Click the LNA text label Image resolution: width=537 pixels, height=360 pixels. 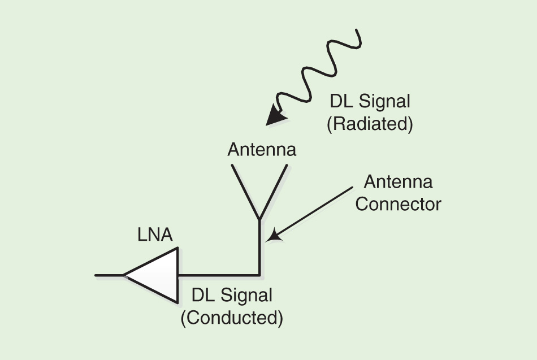pyautogui.click(x=155, y=235)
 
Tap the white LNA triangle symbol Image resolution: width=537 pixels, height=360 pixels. pyautogui.click(x=158, y=275)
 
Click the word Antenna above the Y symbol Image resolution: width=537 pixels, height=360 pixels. pyautogui.click(x=262, y=150)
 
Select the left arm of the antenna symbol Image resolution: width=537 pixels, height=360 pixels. pyautogui.click(x=245, y=191)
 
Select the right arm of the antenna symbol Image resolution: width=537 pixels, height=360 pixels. pyautogui.click(x=274, y=191)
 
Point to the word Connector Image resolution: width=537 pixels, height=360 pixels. pyautogui.click(x=398, y=203)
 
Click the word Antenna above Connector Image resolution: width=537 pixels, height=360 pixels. pyautogui.click(x=398, y=182)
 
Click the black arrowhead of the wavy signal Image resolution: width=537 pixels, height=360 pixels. pyautogui.click(x=277, y=116)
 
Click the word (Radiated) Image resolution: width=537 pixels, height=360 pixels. pyautogui.click(x=370, y=124)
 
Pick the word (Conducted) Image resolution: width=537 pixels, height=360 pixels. pyautogui.click(x=232, y=318)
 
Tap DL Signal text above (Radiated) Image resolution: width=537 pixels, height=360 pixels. pyautogui.click(x=370, y=102)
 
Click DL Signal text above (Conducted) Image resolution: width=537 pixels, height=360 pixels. pyautogui.click(x=232, y=296)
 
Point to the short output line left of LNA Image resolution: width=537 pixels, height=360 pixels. pyautogui.click(x=109, y=275)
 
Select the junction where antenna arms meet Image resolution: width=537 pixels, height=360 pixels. pyautogui.click(x=259, y=219)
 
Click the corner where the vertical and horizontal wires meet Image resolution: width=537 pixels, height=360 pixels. pyautogui.click(x=259, y=275)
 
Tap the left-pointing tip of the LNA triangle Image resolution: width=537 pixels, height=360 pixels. pyautogui.click(x=125, y=275)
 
